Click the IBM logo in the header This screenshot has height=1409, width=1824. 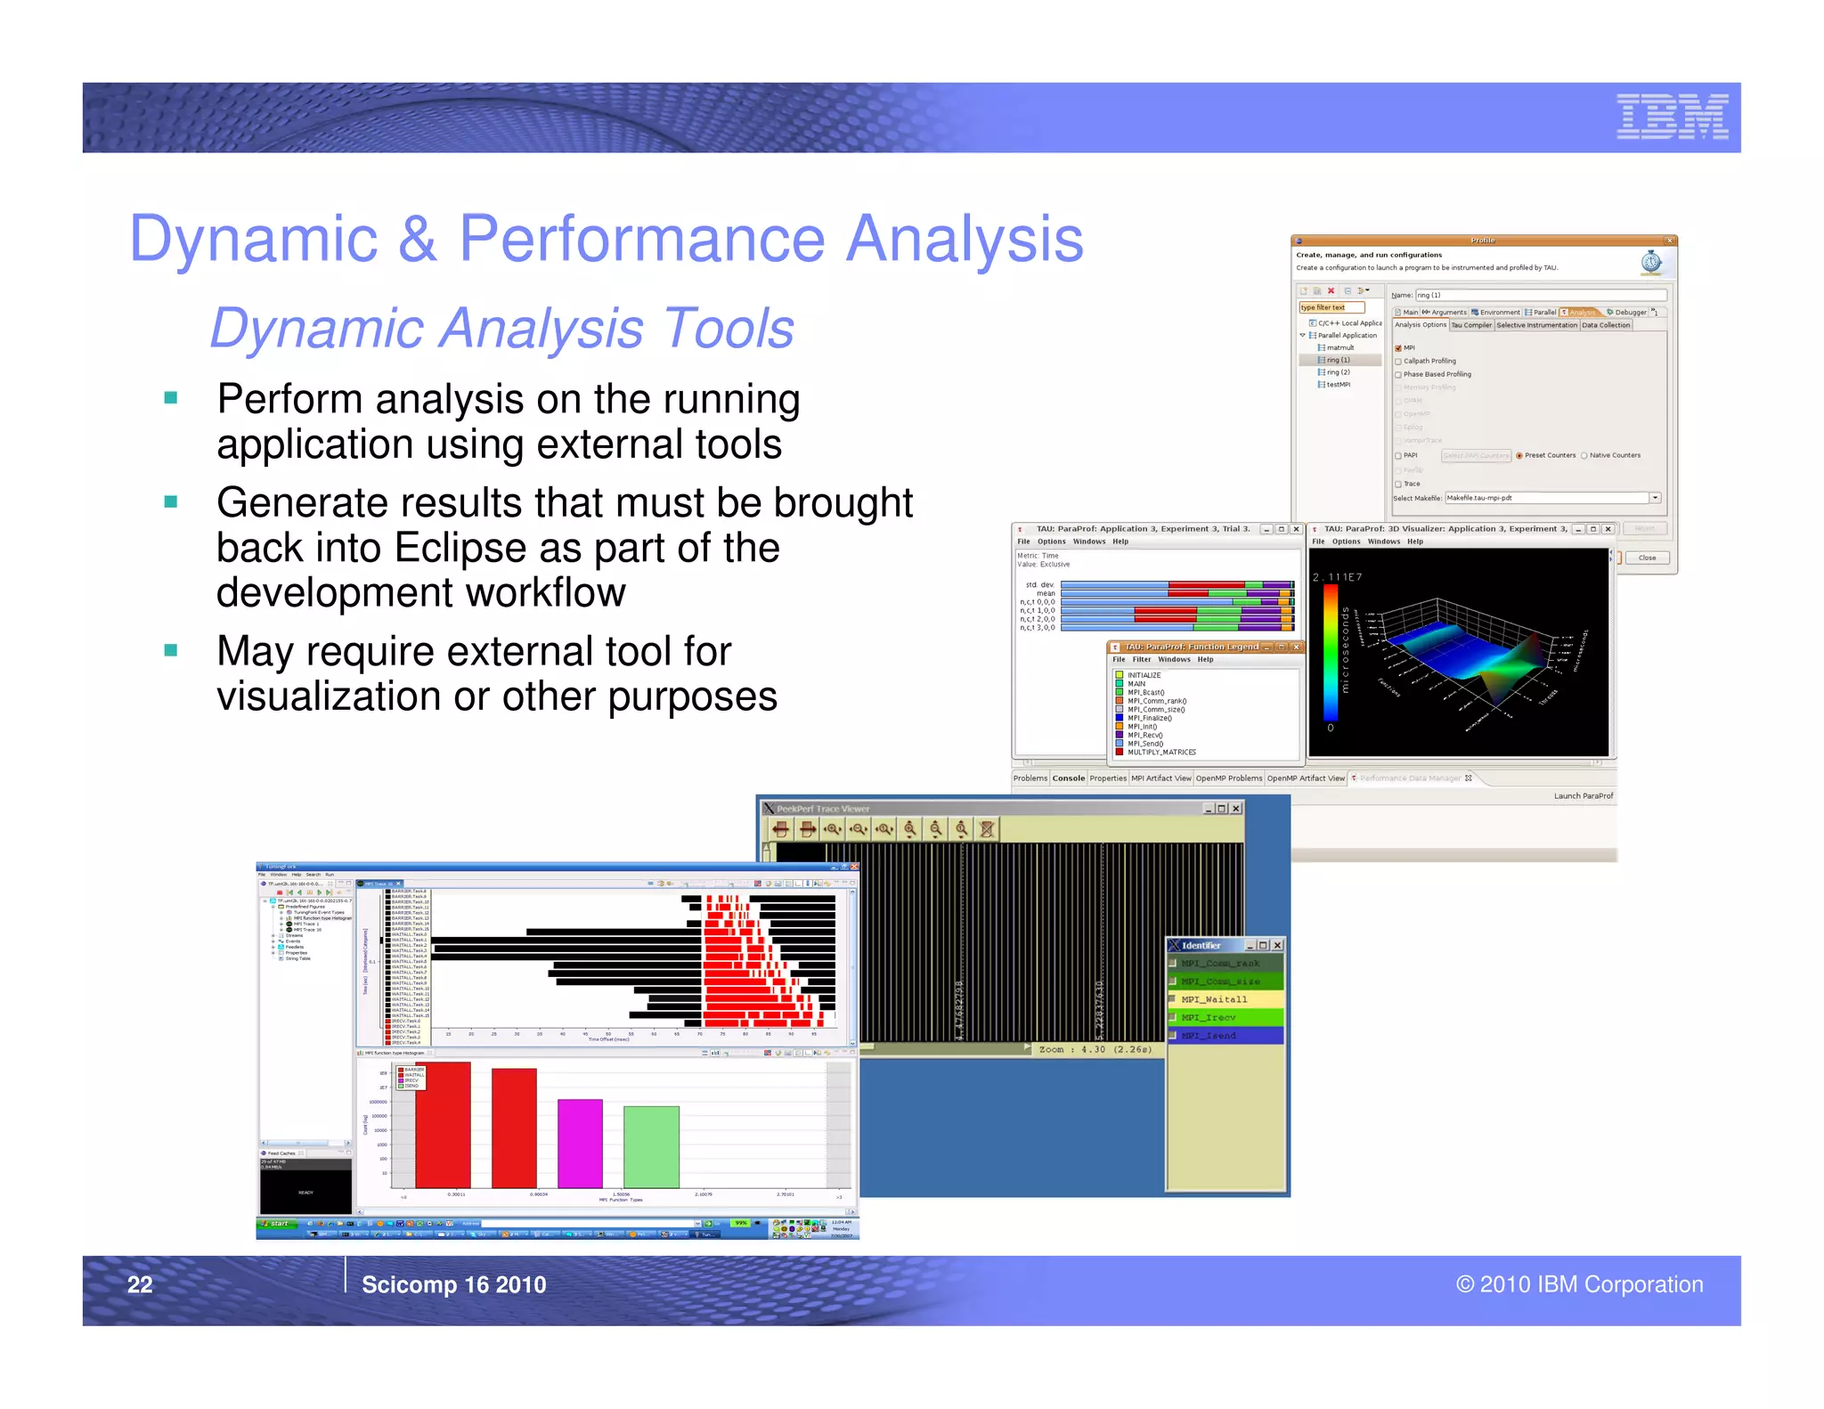(1672, 118)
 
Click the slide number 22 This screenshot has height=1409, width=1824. (140, 1284)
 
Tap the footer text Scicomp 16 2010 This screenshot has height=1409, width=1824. (453, 1284)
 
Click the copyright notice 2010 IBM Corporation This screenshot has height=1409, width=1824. (1579, 1284)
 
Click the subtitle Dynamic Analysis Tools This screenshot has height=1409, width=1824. (501, 329)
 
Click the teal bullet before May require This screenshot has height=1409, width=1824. (171, 650)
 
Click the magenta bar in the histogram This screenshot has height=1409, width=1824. (580, 1143)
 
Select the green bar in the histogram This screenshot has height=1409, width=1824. (651, 1146)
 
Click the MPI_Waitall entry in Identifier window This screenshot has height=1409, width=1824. (1214, 999)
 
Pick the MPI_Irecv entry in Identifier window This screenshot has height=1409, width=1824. (1208, 1017)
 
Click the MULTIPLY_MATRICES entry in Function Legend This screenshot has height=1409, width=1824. (1161, 753)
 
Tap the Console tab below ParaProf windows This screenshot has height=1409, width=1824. (1068, 778)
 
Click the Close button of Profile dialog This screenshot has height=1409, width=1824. (1646, 558)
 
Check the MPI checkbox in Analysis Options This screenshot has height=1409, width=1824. (1398, 348)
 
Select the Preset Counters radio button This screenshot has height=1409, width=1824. (1519, 456)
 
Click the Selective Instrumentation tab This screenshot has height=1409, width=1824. (1536, 325)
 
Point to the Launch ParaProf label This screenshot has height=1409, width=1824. (1583, 796)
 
